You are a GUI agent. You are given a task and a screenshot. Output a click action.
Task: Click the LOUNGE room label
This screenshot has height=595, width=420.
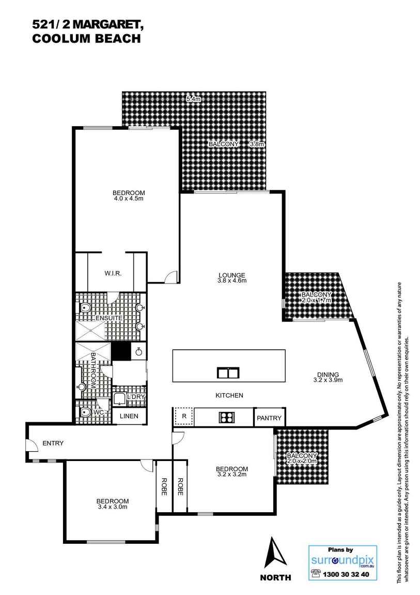tap(231, 275)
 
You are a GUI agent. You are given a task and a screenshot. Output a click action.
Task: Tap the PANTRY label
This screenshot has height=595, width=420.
tap(269, 418)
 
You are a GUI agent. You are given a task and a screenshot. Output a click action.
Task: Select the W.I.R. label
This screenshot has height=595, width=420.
tap(113, 273)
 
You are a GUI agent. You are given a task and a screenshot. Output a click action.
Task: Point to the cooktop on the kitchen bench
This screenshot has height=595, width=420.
tap(227, 416)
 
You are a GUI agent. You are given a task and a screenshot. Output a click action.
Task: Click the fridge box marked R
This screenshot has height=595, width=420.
tap(182, 416)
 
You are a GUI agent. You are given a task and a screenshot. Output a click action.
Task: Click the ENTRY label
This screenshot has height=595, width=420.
tap(53, 443)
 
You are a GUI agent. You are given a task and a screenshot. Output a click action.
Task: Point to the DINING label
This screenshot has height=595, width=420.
tap(328, 375)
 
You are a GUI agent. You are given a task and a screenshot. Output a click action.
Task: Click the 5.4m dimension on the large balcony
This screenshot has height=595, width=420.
tap(193, 98)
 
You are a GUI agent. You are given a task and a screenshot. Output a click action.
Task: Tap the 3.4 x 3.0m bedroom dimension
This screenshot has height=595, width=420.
tap(112, 507)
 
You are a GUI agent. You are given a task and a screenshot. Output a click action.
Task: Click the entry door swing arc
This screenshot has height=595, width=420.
tap(32, 444)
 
